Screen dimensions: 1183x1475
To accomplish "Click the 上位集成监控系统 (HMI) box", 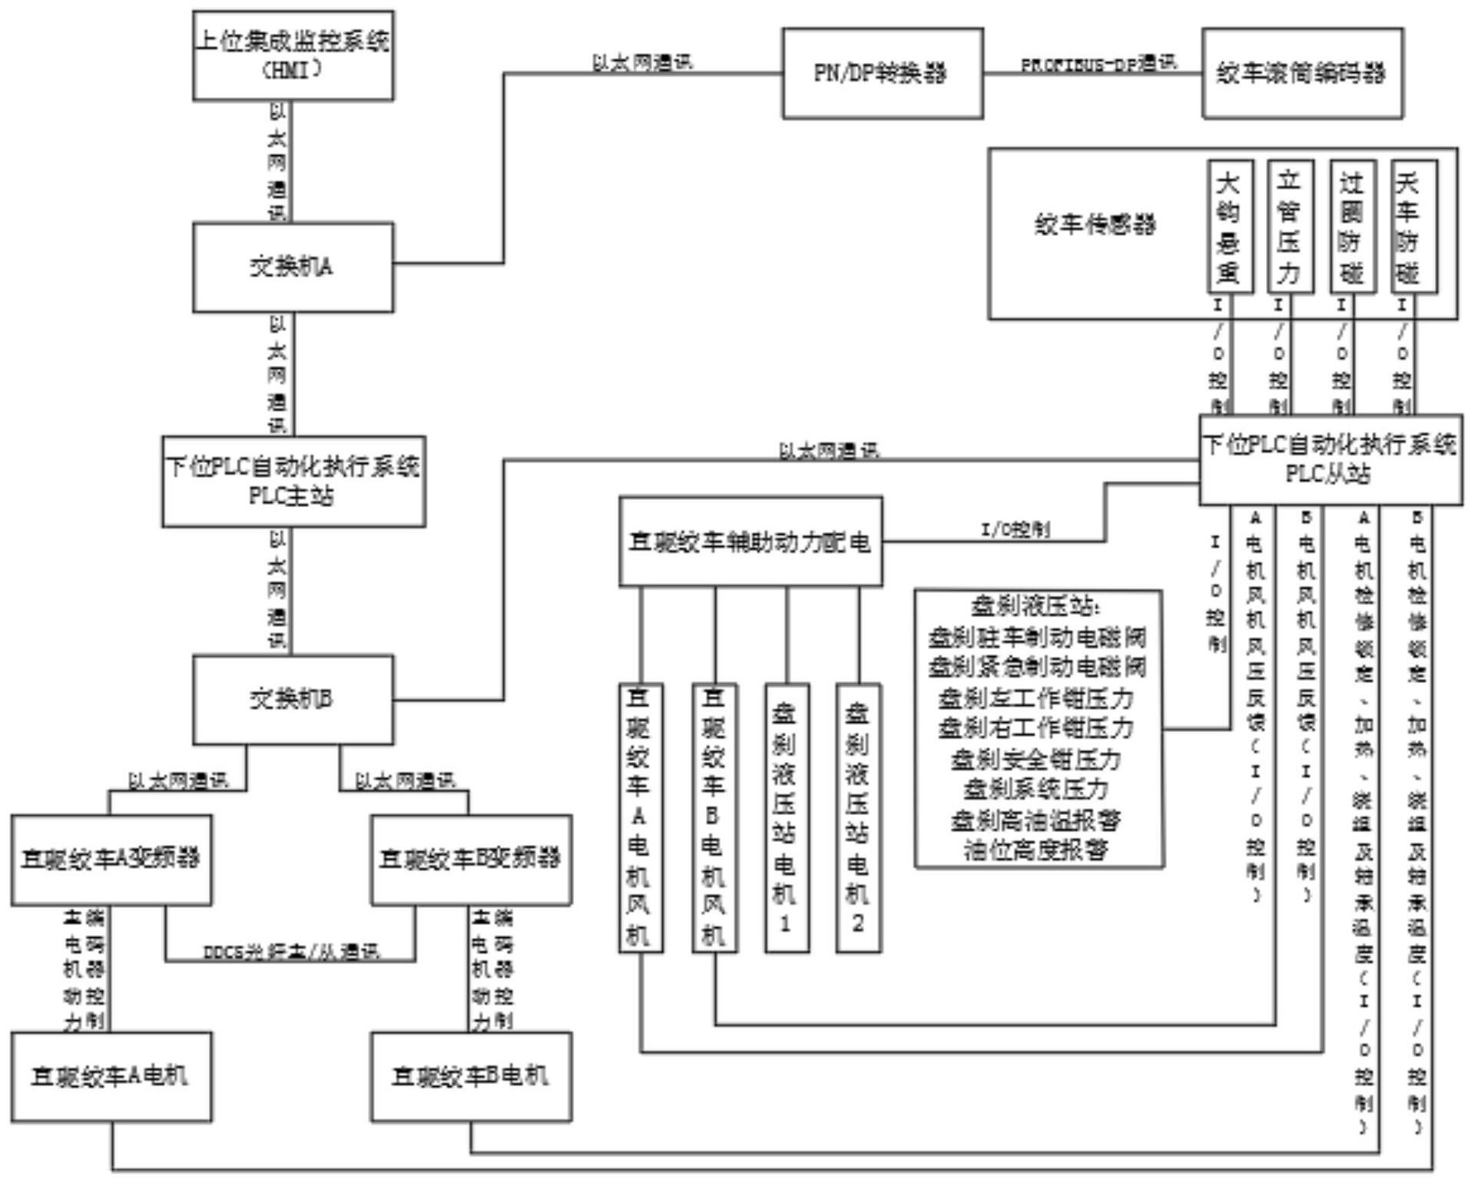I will click(x=293, y=55).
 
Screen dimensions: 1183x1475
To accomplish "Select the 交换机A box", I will click(x=293, y=267).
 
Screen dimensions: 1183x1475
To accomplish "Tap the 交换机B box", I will click(x=293, y=699).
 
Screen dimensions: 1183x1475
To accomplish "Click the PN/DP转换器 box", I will click(x=882, y=74).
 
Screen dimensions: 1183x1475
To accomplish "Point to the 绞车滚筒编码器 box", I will click(x=1302, y=74).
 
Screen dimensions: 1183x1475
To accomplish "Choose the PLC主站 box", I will click(x=293, y=482).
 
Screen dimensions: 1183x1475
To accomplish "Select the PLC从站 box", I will click(x=1330, y=460).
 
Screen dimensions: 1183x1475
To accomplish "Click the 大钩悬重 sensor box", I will click(x=1229, y=227).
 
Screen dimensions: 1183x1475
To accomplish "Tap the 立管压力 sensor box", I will click(x=1290, y=227).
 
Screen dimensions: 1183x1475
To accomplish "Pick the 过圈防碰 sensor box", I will click(x=1352, y=227).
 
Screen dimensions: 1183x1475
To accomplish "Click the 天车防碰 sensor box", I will click(x=1413, y=227).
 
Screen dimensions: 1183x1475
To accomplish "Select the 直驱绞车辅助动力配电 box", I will click(x=750, y=542).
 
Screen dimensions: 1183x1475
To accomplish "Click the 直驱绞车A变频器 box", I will click(x=111, y=859).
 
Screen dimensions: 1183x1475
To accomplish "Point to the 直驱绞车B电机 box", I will click(x=471, y=1076).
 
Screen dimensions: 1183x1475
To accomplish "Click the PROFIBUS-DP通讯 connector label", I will click(x=1098, y=65).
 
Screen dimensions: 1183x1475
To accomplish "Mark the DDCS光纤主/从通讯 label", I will click(x=291, y=952).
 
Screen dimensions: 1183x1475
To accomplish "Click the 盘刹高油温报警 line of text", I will click(x=1036, y=820).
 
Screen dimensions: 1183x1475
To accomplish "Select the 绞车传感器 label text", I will click(x=1095, y=225).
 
